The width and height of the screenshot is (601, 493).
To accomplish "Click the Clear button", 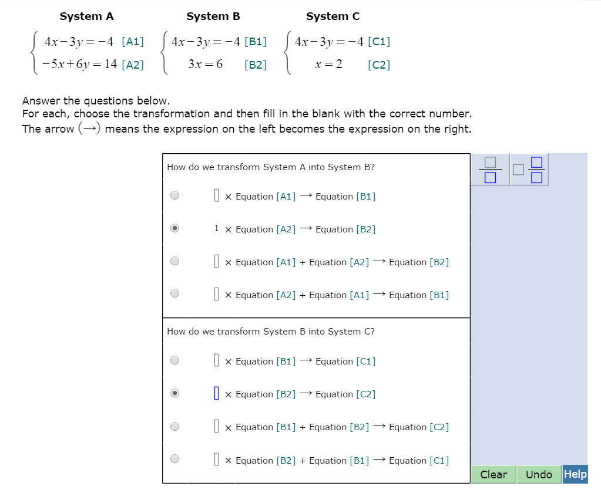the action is [x=493, y=474].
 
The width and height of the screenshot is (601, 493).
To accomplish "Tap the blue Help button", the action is [x=575, y=474].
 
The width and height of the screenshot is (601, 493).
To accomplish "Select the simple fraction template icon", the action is [x=490, y=170].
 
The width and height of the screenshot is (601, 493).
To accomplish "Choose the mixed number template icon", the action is [x=529, y=170].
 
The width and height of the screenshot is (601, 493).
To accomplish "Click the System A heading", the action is [x=86, y=16].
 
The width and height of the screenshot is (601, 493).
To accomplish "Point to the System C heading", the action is [x=333, y=16].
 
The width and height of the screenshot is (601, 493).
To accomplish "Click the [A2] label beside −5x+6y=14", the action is [x=133, y=65].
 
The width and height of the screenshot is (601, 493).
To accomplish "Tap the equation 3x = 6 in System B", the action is [x=206, y=64].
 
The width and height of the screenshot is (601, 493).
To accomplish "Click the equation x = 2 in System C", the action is [x=328, y=64].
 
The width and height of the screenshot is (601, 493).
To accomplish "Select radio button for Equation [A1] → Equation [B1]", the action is [x=175, y=195].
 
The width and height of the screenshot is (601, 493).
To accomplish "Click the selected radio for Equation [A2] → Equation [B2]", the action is [x=175, y=228].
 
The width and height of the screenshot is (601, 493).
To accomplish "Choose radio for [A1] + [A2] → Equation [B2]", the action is [x=175, y=261].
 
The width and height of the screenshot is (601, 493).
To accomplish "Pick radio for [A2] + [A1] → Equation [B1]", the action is [x=175, y=293].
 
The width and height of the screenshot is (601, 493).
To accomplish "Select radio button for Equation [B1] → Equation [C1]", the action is [x=175, y=360].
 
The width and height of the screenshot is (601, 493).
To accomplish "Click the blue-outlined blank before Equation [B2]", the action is [x=217, y=393].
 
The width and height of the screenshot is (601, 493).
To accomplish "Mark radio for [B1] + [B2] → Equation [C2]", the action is [x=175, y=427].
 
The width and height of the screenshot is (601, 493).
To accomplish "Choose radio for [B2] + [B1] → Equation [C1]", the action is [x=175, y=458].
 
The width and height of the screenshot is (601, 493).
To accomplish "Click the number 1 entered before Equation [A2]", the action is [x=217, y=228].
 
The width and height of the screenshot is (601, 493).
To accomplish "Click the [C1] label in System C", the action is [x=379, y=41].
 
